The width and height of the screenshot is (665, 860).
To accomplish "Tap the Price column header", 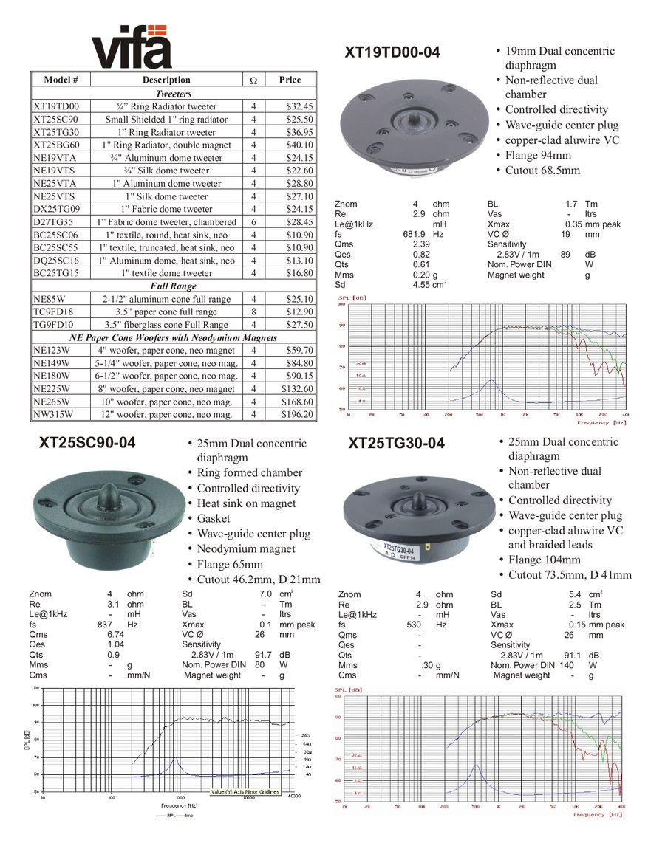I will (290, 80).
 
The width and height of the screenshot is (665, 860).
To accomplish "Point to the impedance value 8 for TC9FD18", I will (253, 312).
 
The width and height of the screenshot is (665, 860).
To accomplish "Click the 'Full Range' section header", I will (174, 286).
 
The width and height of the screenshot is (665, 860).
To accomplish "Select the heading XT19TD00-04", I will (392, 52).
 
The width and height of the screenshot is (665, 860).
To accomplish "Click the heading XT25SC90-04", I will (87, 443).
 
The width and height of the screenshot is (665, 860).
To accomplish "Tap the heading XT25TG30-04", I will (397, 443).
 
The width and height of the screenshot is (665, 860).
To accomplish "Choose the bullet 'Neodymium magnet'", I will (246, 548).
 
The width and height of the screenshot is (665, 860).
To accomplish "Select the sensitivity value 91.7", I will (263, 655).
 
